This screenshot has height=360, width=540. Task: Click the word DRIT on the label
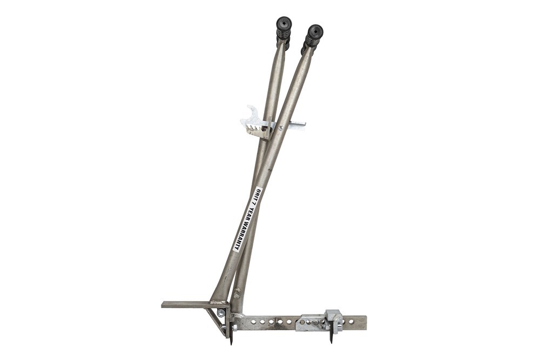tap(258, 192)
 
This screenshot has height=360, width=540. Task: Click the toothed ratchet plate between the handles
tap(256, 129)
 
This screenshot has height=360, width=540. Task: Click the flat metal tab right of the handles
tap(295, 126)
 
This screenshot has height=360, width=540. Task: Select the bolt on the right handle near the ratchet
tap(280, 127)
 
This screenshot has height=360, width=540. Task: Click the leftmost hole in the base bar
tap(253, 322)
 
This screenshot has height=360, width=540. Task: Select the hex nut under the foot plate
tap(220, 313)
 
